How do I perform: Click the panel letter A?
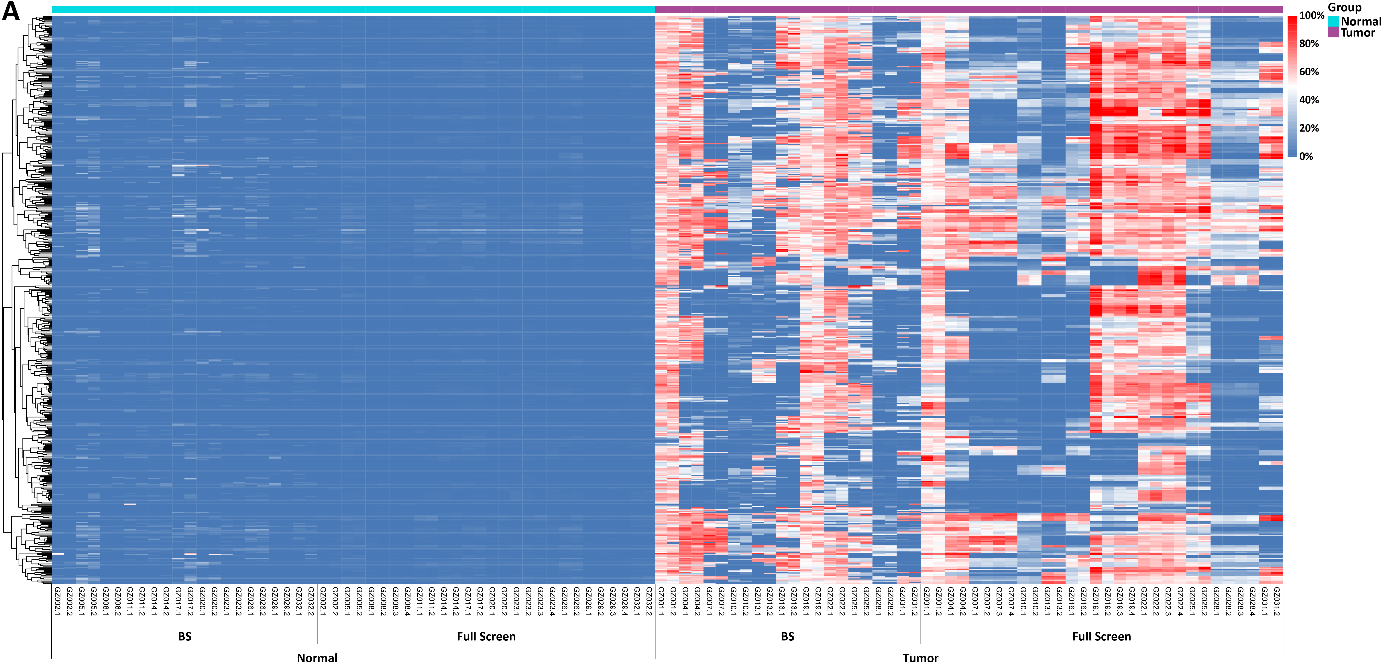[x=11, y=12]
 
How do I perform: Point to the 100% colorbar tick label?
[x=1311, y=16]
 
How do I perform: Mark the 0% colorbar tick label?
[x=1306, y=156]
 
